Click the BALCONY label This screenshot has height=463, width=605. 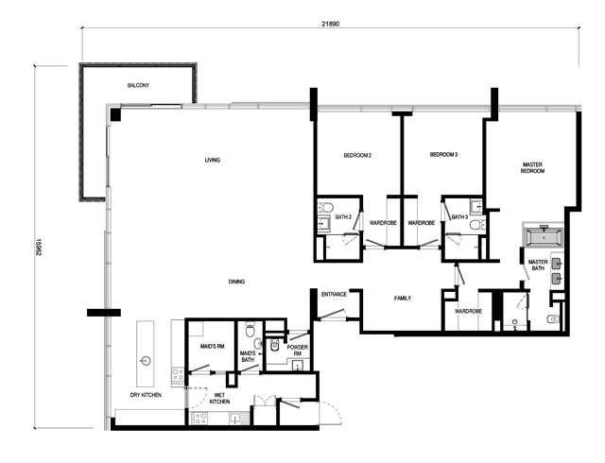(138, 85)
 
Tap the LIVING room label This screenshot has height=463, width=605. (212, 160)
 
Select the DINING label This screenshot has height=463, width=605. (236, 282)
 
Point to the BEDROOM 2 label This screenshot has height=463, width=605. (357, 156)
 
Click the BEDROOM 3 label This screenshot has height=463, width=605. (443, 155)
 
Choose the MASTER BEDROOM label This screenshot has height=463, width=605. (532, 168)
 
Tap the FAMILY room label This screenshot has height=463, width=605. (403, 299)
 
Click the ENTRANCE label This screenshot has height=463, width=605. (334, 295)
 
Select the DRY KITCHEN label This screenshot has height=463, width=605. (146, 395)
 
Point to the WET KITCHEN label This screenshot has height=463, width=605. (219, 399)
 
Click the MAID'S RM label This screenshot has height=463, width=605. (212, 347)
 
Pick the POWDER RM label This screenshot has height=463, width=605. (297, 351)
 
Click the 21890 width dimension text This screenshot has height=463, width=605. (331, 24)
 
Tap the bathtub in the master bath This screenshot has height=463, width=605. (543, 236)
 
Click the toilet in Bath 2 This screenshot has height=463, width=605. (325, 208)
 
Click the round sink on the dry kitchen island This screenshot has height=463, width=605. (146, 361)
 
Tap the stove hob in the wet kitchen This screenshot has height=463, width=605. (199, 419)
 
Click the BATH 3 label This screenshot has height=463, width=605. (459, 217)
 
